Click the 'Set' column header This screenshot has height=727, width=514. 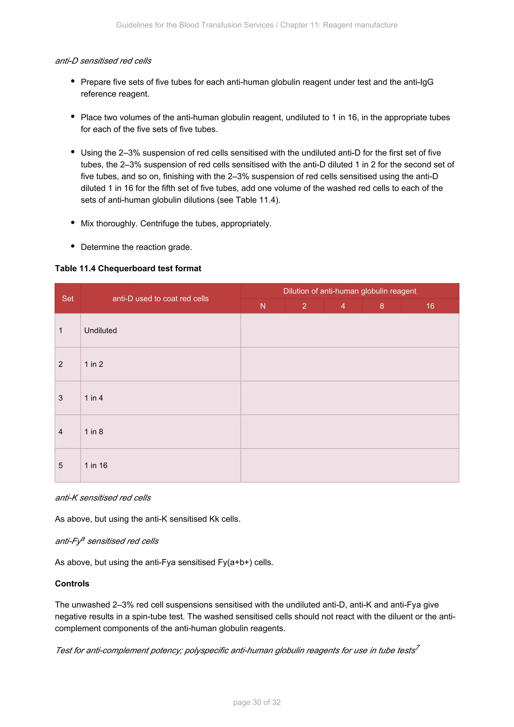68,298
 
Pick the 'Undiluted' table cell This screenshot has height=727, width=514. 100,331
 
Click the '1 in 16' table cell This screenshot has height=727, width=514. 96,465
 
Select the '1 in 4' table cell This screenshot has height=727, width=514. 93,398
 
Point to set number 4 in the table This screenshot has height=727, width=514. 61,432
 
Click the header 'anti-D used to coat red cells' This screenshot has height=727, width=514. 160,298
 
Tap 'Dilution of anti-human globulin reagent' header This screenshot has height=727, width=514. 349,291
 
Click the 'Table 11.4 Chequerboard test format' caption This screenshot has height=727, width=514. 128,269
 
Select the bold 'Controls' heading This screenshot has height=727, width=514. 72,584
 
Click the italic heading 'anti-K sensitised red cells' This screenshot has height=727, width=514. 103,498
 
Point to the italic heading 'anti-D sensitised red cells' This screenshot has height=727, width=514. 103,61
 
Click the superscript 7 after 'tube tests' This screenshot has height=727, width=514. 418,647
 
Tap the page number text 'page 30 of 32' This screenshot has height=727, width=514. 257,702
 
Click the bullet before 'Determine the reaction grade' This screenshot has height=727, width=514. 73,246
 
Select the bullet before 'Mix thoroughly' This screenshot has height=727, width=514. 73,223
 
